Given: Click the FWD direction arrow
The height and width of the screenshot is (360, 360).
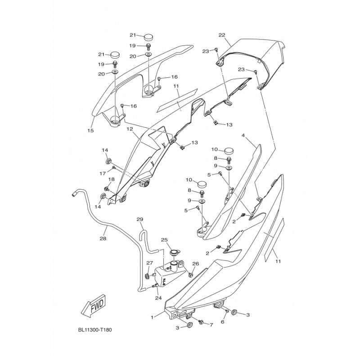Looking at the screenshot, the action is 94,306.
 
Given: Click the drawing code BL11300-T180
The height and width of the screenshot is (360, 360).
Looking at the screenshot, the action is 95,330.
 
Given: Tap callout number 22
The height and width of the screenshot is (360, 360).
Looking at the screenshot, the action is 222,35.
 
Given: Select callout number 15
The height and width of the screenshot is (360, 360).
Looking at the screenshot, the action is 91,130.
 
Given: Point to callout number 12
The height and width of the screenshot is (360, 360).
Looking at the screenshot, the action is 130,129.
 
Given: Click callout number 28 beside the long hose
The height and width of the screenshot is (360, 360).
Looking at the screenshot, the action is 103,238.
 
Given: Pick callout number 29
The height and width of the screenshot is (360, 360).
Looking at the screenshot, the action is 140,219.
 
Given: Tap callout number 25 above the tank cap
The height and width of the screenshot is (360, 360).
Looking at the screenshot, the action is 164,240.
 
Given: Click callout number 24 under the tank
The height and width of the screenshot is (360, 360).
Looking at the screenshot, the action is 158,298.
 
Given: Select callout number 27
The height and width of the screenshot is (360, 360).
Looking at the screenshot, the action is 150,263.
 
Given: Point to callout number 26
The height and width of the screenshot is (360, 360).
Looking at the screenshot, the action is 196,264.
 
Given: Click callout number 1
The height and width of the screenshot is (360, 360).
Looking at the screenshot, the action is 152,318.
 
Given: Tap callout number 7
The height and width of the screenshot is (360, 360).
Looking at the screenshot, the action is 211,324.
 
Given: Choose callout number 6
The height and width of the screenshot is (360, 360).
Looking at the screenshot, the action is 222,322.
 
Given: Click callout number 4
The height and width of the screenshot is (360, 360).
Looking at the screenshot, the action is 243,135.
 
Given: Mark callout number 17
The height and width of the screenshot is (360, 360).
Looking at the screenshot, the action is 103,174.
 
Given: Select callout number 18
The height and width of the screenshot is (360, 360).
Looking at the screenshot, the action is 111,179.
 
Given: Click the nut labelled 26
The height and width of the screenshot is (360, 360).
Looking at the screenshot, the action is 190,274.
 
